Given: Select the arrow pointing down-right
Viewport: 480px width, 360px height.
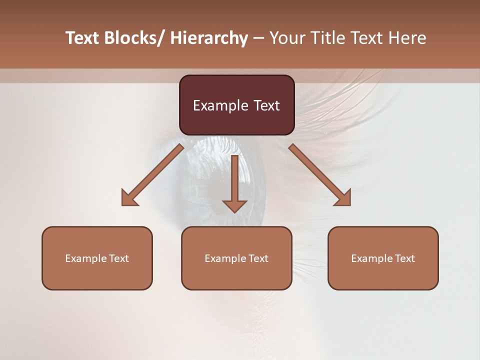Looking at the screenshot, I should pos(320,175).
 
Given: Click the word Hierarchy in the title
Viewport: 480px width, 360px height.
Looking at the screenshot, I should pos(209,38).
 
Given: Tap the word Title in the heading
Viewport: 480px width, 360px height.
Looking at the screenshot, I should pos(326,38).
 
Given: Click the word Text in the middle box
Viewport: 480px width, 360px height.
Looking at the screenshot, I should pos(258,258).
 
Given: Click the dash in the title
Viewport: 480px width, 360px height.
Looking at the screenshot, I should pos(258,38).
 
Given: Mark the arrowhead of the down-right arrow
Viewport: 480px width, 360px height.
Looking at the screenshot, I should pos(343,198).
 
